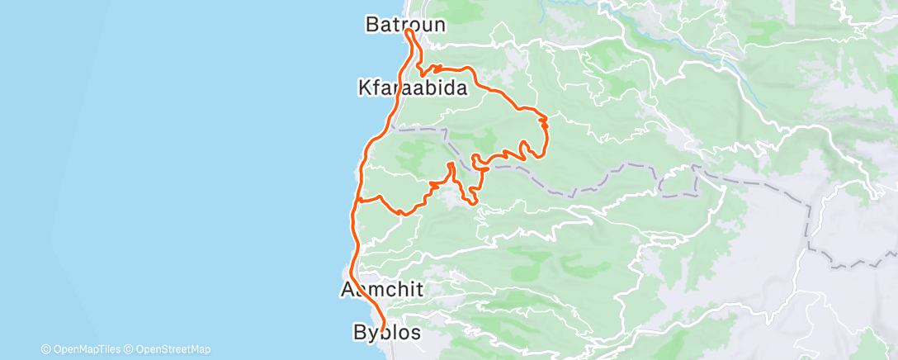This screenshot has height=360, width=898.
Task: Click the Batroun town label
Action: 405,25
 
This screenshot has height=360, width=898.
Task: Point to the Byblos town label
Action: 386,333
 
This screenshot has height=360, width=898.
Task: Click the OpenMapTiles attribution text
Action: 85,349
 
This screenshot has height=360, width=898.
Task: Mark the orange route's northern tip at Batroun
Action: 409,31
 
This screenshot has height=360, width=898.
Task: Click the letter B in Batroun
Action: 372,25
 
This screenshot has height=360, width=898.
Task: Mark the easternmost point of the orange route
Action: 548,124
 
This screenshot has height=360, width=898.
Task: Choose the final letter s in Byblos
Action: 414,333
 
